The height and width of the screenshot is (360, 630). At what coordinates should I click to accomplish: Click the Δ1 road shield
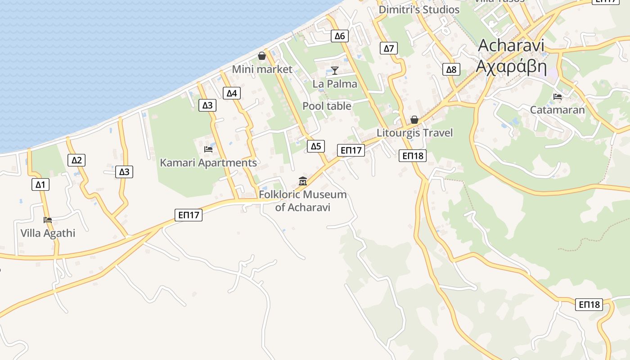[x=40, y=184]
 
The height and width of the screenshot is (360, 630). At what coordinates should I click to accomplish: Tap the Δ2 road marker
[x=77, y=160]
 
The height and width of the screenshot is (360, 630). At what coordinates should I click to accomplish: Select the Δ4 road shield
[x=231, y=94]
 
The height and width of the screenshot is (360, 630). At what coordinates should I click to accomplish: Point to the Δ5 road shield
[x=316, y=146]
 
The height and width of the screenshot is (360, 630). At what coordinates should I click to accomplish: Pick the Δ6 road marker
[x=339, y=36]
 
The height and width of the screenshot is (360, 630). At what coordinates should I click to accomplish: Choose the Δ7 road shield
[x=389, y=48]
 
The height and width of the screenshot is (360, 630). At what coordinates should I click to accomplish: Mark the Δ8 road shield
[x=451, y=69]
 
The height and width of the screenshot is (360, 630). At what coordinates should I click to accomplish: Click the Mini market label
[x=262, y=69]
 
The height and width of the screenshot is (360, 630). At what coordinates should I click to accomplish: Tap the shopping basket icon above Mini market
[x=262, y=56]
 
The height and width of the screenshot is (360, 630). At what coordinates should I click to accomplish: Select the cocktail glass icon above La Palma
[x=335, y=70]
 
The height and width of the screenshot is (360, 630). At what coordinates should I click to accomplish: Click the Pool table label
[x=327, y=106]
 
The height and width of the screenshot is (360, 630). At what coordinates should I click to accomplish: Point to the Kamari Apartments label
[x=208, y=162]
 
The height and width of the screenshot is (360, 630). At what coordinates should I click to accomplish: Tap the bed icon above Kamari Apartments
[x=208, y=149]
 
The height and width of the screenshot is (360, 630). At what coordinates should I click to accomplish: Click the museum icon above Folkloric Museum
[x=303, y=181]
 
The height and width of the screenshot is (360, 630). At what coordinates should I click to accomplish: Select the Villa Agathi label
[x=48, y=233]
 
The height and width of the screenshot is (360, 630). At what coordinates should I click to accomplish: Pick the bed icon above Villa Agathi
[x=48, y=220]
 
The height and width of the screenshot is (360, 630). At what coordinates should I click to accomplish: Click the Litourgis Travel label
[x=414, y=133]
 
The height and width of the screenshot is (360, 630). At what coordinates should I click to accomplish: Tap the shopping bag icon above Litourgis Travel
[x=414, y=120]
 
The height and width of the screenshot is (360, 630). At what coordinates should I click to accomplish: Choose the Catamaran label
[x=557, y=110]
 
